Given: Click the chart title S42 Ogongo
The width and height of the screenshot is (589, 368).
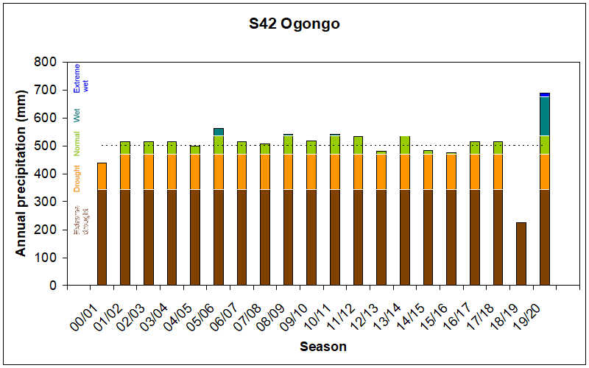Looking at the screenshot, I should [294, 24].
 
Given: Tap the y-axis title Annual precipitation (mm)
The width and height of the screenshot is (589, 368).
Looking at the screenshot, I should [21, 174].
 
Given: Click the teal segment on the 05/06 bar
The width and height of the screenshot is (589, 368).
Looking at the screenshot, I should [219, 132].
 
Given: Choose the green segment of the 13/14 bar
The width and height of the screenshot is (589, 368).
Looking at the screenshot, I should [404, 145].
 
